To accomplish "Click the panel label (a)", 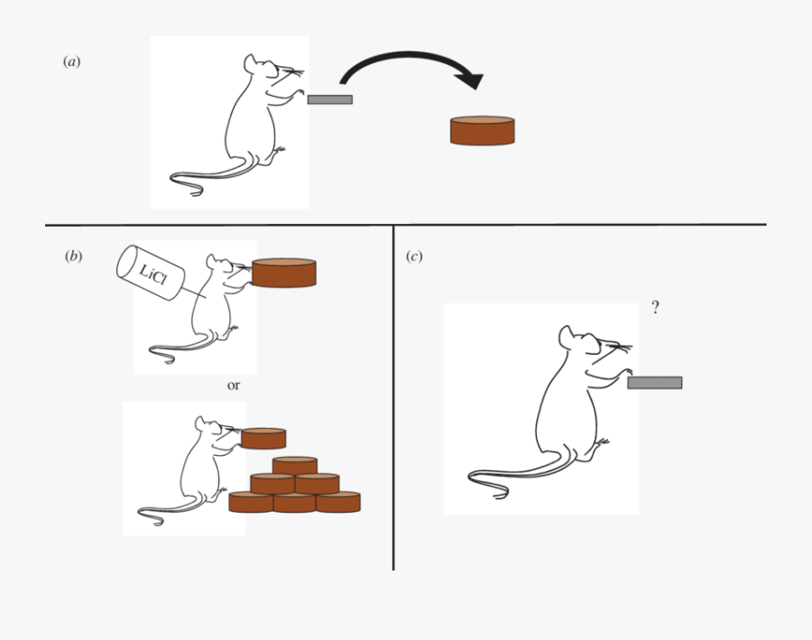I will (x=72, y=61).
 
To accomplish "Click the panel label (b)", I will (x=72, y=256).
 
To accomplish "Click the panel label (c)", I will (x=413, y=256).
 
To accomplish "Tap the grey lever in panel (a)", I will (x=329, y=99).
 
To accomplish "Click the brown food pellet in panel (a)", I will (x=483, y=131).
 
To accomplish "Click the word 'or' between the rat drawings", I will (x=234, y=385).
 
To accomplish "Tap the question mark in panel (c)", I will (x=655, y=308).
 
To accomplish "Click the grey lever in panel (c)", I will (x=654, y=383).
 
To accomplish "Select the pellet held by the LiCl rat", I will (x=284, y=273).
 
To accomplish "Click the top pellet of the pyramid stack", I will (x=294, y=465).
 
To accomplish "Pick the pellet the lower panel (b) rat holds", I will (x=263, y=439).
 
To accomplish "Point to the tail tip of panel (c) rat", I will (x=502, y=495).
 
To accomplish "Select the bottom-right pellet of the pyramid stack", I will (x=338, y=502).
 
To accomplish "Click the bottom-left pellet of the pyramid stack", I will (x=251, y=502).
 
